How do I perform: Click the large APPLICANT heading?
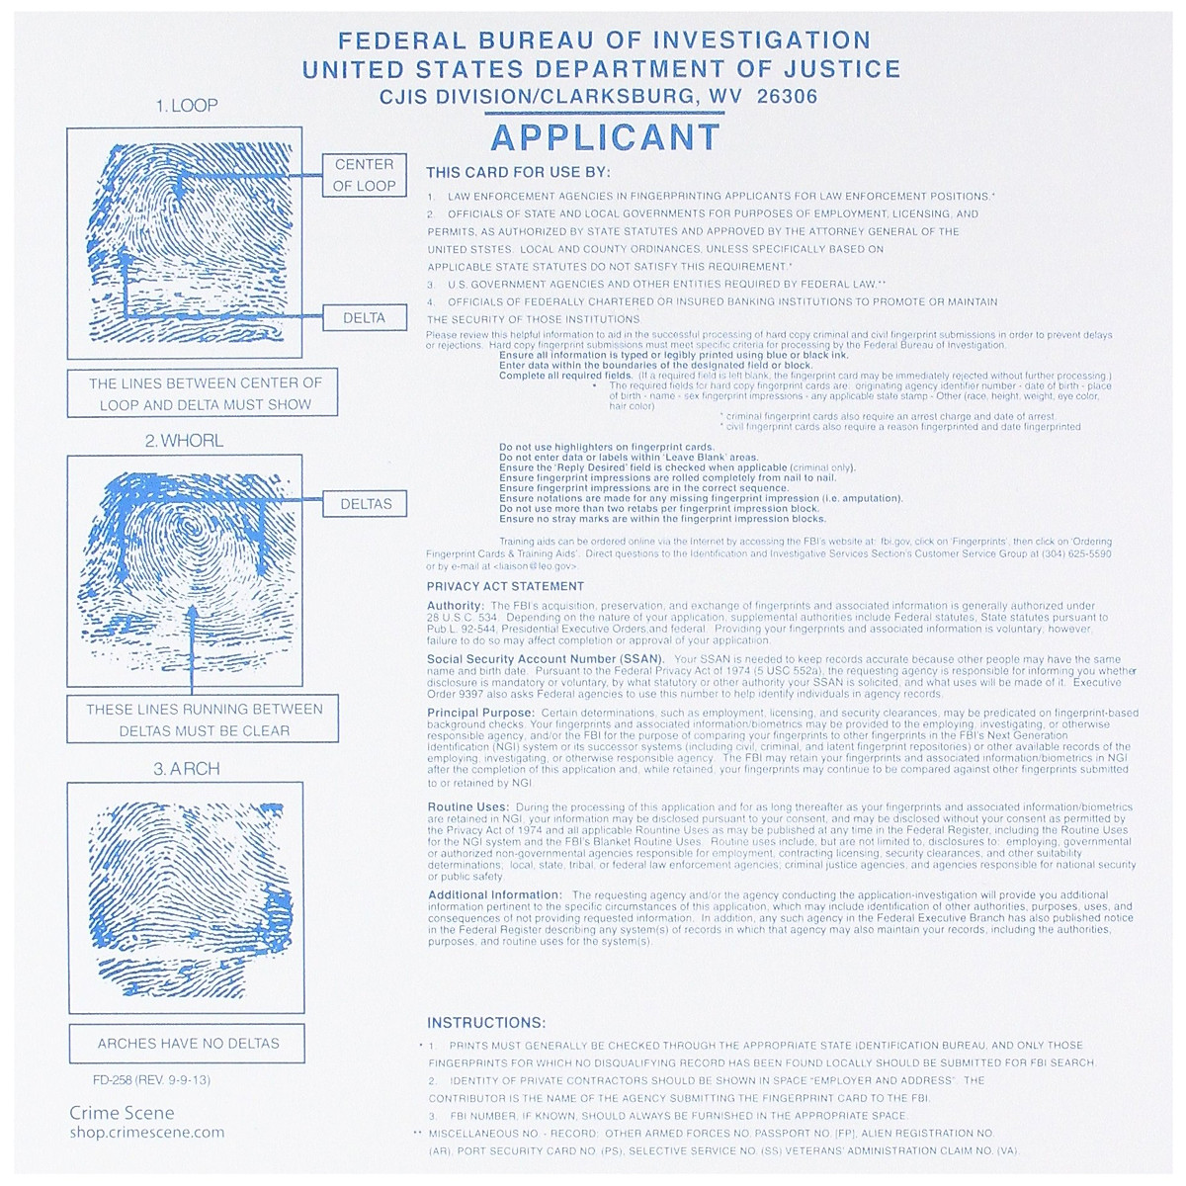pyautogui.click(x=605, y=137)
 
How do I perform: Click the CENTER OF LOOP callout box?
pyautogui.click(x=364, y=175)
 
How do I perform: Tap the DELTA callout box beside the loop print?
pyautogui.click(x=364, y=318)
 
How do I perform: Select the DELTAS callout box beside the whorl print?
pyautogui.click(x=366, y=504)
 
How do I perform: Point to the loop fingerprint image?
pyautogui.click(x=185, y=243)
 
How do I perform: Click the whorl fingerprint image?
pyautogui.click(x=185, y=570)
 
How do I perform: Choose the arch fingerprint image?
pyautogui.click(x=185, y=897)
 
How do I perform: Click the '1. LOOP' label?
pyautogui.click(x=186, y=106)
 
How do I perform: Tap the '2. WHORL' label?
pyautogui.click(x=185, y=441)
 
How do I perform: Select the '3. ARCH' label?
pyautogui.click(x=186, y=768)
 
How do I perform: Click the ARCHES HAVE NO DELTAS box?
pyautogui.click(x=188, y=1043)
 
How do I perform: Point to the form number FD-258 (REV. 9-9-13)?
pyautogui.click(x=139, y=1079)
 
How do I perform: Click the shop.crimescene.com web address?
pyautogui.click(x=146, y=1133)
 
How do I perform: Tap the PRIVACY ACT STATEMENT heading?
pyautogui.click(x=505, y=586)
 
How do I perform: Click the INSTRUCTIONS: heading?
pyautogui.click(x=485, y=1023)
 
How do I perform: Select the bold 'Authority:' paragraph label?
pyautogui.click(x=456, y=606)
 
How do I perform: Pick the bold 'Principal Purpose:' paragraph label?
pyautogui.click(x=481, y=713)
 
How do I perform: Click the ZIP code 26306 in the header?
pyautogui.click(x=787, y=97)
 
